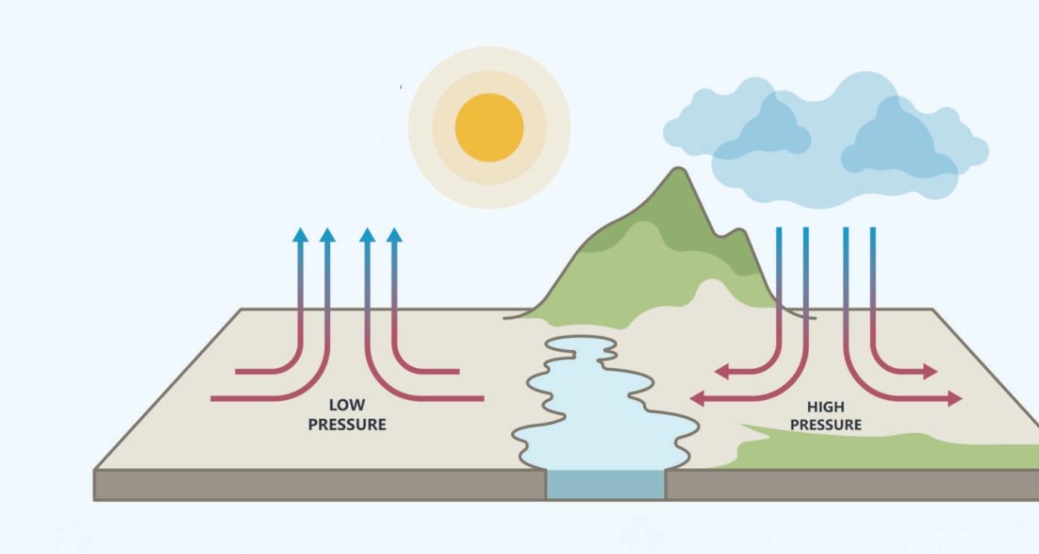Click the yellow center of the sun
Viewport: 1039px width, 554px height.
point(489,127)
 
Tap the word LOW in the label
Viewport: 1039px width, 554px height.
point(347,405)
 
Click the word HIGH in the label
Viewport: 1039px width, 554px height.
point(825,407)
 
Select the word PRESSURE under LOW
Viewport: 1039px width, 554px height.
point(347,425)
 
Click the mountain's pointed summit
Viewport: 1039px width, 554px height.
point(678,171)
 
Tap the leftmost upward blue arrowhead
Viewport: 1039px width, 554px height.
point(300,234)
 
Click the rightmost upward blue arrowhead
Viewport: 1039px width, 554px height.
point(394,234)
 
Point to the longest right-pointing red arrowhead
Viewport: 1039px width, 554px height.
point(955,399)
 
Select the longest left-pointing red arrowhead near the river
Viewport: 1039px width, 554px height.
point(696,399)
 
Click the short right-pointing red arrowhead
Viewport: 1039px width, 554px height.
point(931,371)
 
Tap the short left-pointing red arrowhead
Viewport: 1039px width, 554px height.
point(722,371)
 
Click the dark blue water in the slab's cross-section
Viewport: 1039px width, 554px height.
point(605,485)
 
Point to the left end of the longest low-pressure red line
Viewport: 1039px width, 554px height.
point(214,399)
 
